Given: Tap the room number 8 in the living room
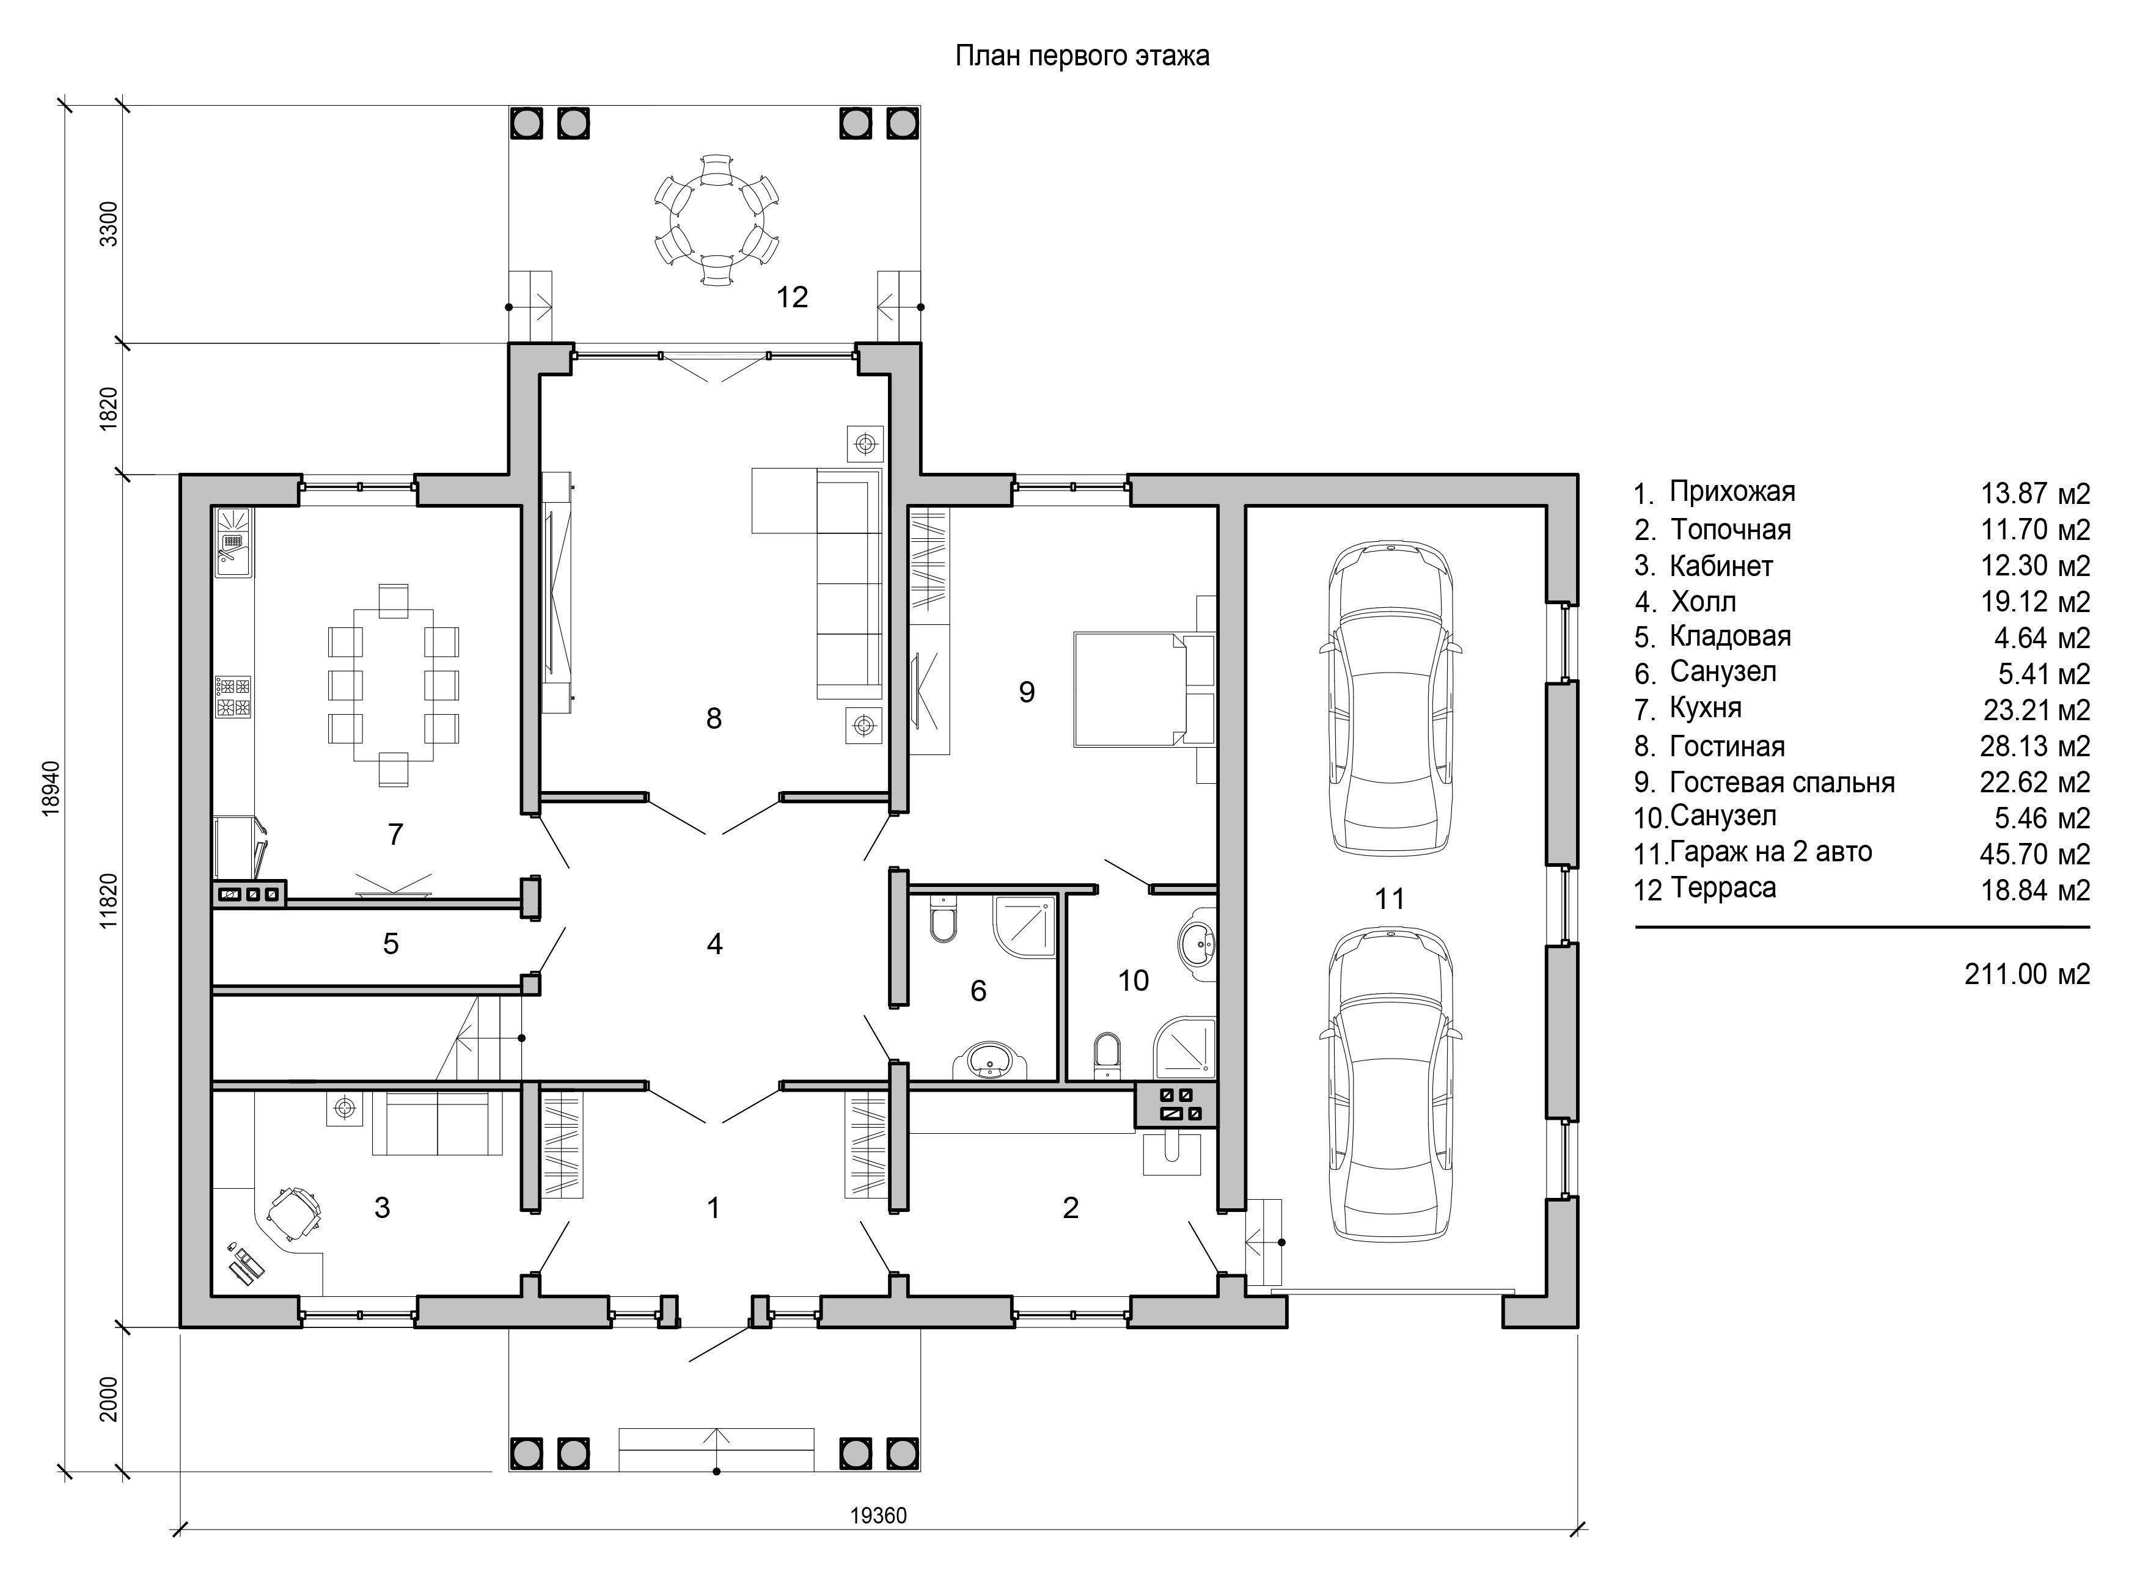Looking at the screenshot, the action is tap(713, 718).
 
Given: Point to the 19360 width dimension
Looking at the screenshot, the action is tap(878, 1516).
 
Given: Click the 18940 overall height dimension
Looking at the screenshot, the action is tap(52, 789).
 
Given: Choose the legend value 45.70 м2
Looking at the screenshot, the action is tap(2034, 853).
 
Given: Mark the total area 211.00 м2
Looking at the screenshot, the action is tap(2027, 974).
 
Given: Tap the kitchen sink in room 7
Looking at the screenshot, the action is tap(233, 543).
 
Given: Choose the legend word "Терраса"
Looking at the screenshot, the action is tap(1723, 888).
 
